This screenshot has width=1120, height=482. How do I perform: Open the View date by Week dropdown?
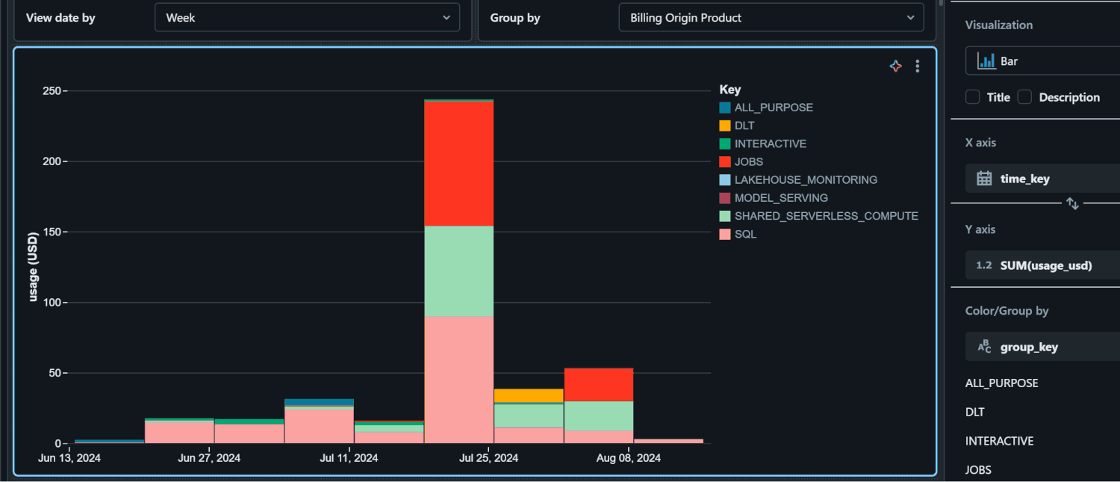pyautogui.click(x=306, y=17)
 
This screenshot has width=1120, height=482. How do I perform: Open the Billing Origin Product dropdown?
pyautogui.click(x=771, y=17)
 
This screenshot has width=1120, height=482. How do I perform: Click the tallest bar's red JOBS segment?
pyautogui.click(x=458, y=163)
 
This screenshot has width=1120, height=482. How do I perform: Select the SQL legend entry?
pyautogui.click(x=744, y=234)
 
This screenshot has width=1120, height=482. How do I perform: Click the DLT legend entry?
pyautogui.click(x=744, y=126)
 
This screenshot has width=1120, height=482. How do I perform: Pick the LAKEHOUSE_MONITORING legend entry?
pyautogui.click(x=805, y=179)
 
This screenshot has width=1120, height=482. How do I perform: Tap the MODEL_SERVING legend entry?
pyautogui.click(x=780, y=198)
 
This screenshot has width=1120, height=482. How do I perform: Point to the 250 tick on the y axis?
pyautogui.click(x=51, y=91)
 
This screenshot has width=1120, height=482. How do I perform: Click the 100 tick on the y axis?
pyautogui.click(x=51, y=303)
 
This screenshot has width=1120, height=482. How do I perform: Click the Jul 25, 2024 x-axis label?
pyautogui.click(x=487, y=458)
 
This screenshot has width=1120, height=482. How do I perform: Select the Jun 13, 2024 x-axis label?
pyautogui.click(x=69, y=458)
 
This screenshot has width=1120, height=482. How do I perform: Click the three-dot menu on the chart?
pyautogui.click(x=918, y=67)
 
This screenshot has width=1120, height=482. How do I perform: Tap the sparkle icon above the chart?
pyautogui.click(x=896, y=67)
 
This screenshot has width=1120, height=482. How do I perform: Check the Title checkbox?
pyautogui.click(x=973, y=97)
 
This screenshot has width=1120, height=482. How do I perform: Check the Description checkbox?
pyautogui.click(x=1025, y=97)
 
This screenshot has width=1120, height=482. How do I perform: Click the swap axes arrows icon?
pyautogui.click(x=1072, y=203)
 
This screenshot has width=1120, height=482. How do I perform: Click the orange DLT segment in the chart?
pyautogui.click(x=529, y=395)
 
